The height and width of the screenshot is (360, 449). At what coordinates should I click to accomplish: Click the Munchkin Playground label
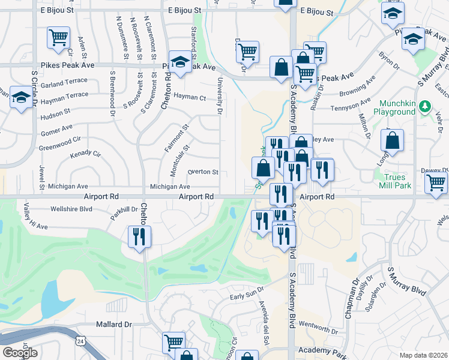[x=394, y=107]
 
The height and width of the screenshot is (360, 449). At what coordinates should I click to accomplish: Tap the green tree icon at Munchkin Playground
[x=425, y=107]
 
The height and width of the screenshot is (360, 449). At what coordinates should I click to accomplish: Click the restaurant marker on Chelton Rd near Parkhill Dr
[x=140, y=236]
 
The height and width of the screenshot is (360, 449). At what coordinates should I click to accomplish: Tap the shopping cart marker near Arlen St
[x=59, y=38]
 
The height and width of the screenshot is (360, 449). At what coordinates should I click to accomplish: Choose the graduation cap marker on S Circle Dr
[x=21, y=97]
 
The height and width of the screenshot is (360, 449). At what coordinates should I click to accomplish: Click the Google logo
[x=20, y=353]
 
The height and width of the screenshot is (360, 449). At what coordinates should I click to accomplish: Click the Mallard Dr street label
[x=113, y=325]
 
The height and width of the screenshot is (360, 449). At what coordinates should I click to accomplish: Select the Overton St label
[x=203, y=172]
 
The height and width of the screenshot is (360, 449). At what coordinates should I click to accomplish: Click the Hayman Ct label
[x=189, y=97]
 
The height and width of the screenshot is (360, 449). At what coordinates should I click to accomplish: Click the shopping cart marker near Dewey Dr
[x=436, y=183]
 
